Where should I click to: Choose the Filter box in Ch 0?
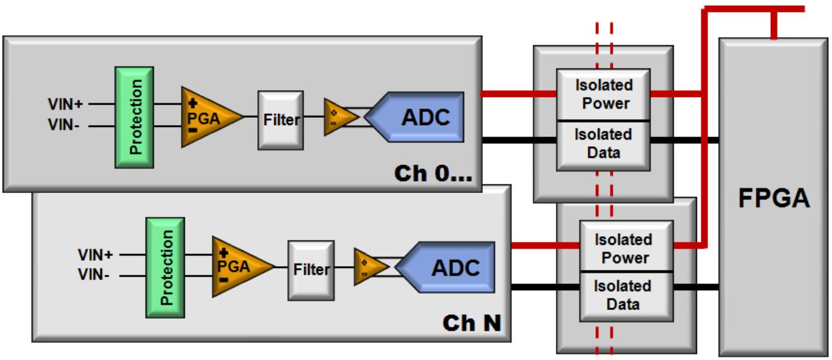click(x=280, y=120)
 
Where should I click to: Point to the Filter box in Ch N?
click(x=310, y=270)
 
